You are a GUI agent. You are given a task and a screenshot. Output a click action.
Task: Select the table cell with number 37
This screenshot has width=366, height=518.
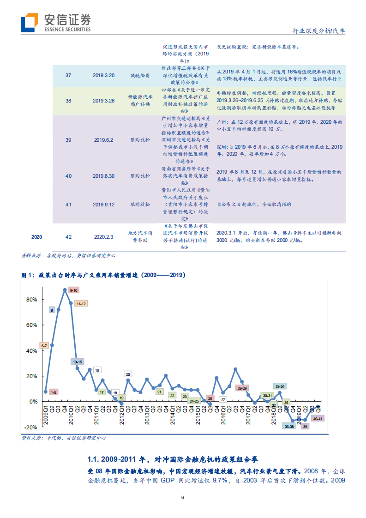[x=68, y=75]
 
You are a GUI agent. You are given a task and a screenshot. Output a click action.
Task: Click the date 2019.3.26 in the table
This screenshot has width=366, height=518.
[x=103, y=100]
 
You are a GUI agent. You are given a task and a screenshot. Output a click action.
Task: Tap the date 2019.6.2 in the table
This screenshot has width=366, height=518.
[x=103, y=139]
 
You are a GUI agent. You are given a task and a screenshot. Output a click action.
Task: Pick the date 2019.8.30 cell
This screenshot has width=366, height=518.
[x=103, y=176]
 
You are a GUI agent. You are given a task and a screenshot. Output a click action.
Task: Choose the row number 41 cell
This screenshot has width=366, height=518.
[x=68, y=204]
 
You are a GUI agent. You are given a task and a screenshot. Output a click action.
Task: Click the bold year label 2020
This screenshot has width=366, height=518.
[x=37, y=237]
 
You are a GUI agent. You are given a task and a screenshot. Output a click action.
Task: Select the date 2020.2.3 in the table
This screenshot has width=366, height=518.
[x=103, y=237]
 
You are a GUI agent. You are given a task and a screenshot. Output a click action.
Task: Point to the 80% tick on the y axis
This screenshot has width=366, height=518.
[x=31, y=299]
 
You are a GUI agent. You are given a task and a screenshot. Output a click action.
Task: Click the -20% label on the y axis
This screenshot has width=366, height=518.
[x=31, y=428]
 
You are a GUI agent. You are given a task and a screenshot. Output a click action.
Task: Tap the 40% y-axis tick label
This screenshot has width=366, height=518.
[x=31, y=350]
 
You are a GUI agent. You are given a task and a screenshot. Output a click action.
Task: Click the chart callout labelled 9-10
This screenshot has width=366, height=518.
[x=73, y=290]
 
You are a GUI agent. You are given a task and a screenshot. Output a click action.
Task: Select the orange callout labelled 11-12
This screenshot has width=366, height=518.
[x=81, y=303]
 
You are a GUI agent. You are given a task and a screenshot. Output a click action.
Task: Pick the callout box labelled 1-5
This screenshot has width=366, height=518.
[x=53, y=392]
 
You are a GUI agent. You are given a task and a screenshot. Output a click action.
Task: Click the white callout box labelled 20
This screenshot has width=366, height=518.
[x=128, y=374]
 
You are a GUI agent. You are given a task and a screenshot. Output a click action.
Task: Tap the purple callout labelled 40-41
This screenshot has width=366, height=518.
[x=317, y=418]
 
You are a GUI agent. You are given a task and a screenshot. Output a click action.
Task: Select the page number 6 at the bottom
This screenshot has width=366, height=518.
[x=183, y=498]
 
